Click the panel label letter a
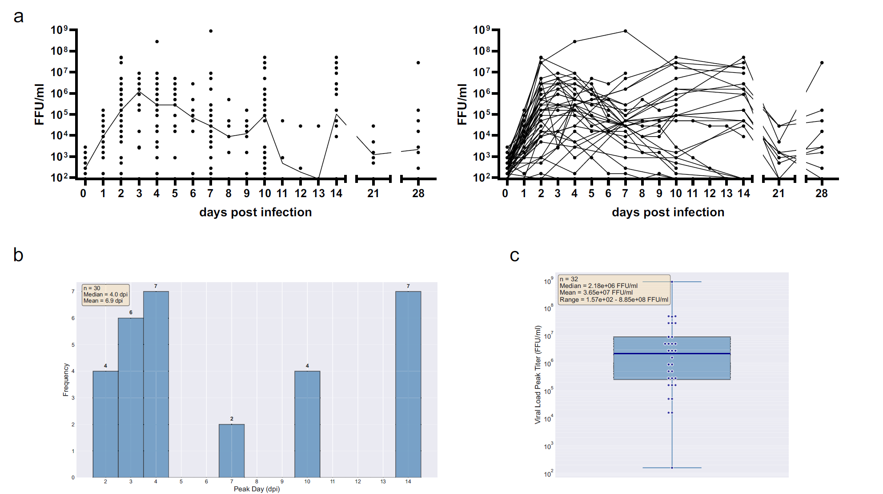point(18,16)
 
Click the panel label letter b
point(18,255)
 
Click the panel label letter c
point(514,255)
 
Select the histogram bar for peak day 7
point(232,451)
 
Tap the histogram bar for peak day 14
point(408,385)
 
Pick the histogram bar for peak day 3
point(131,397)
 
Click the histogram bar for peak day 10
point(307,424)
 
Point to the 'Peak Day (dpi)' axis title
point(257,489)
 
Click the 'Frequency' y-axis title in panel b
point(66,380)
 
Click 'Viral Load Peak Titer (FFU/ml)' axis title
point(538,375)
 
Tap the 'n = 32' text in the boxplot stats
point(569,279)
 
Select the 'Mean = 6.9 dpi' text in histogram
point(103,300)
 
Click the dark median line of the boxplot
point(672,354)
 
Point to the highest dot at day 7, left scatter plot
point(211,31)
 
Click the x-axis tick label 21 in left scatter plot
point(373,194)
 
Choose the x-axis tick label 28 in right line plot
point(822,194)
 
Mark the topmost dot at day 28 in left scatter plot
point(418,63)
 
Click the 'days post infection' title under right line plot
point(668,212)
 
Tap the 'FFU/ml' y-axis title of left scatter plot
point(40,104)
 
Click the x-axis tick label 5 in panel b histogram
point(181,482)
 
